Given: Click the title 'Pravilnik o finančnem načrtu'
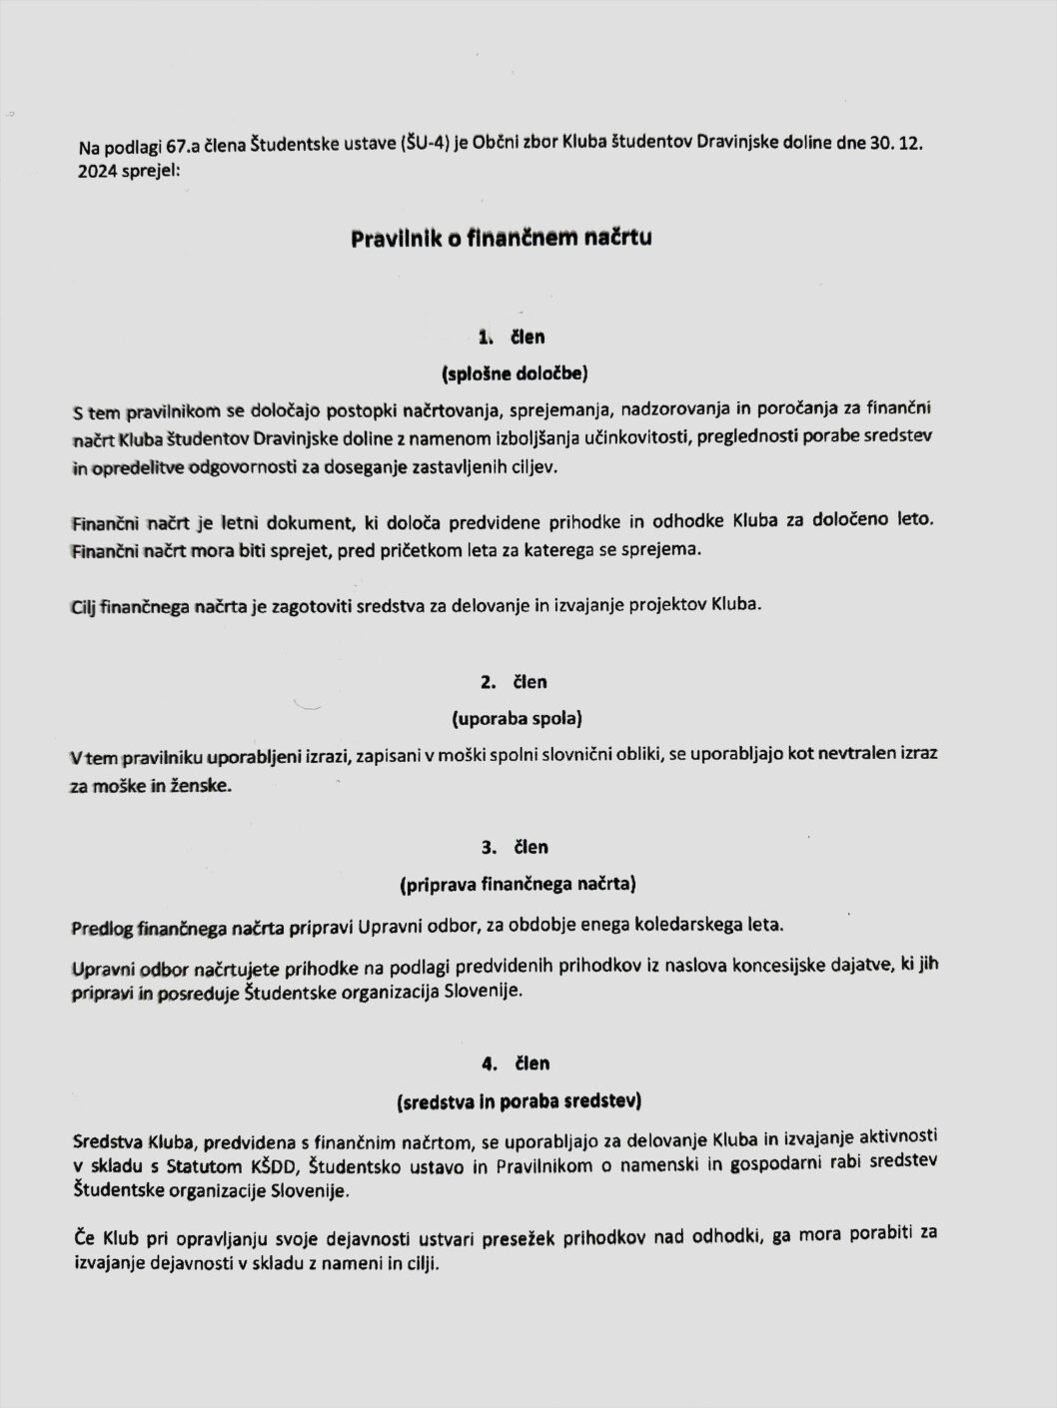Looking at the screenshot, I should pos(501,239).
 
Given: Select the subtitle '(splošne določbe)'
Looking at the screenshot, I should pos(514,374).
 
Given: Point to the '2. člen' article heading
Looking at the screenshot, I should pos(514,682).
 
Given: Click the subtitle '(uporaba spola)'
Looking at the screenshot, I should pos(516,718).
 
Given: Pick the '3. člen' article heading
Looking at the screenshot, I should pos(514,847).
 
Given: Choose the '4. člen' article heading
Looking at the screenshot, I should pos(514,1063).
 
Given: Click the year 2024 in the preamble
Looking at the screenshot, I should pos(97,170).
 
